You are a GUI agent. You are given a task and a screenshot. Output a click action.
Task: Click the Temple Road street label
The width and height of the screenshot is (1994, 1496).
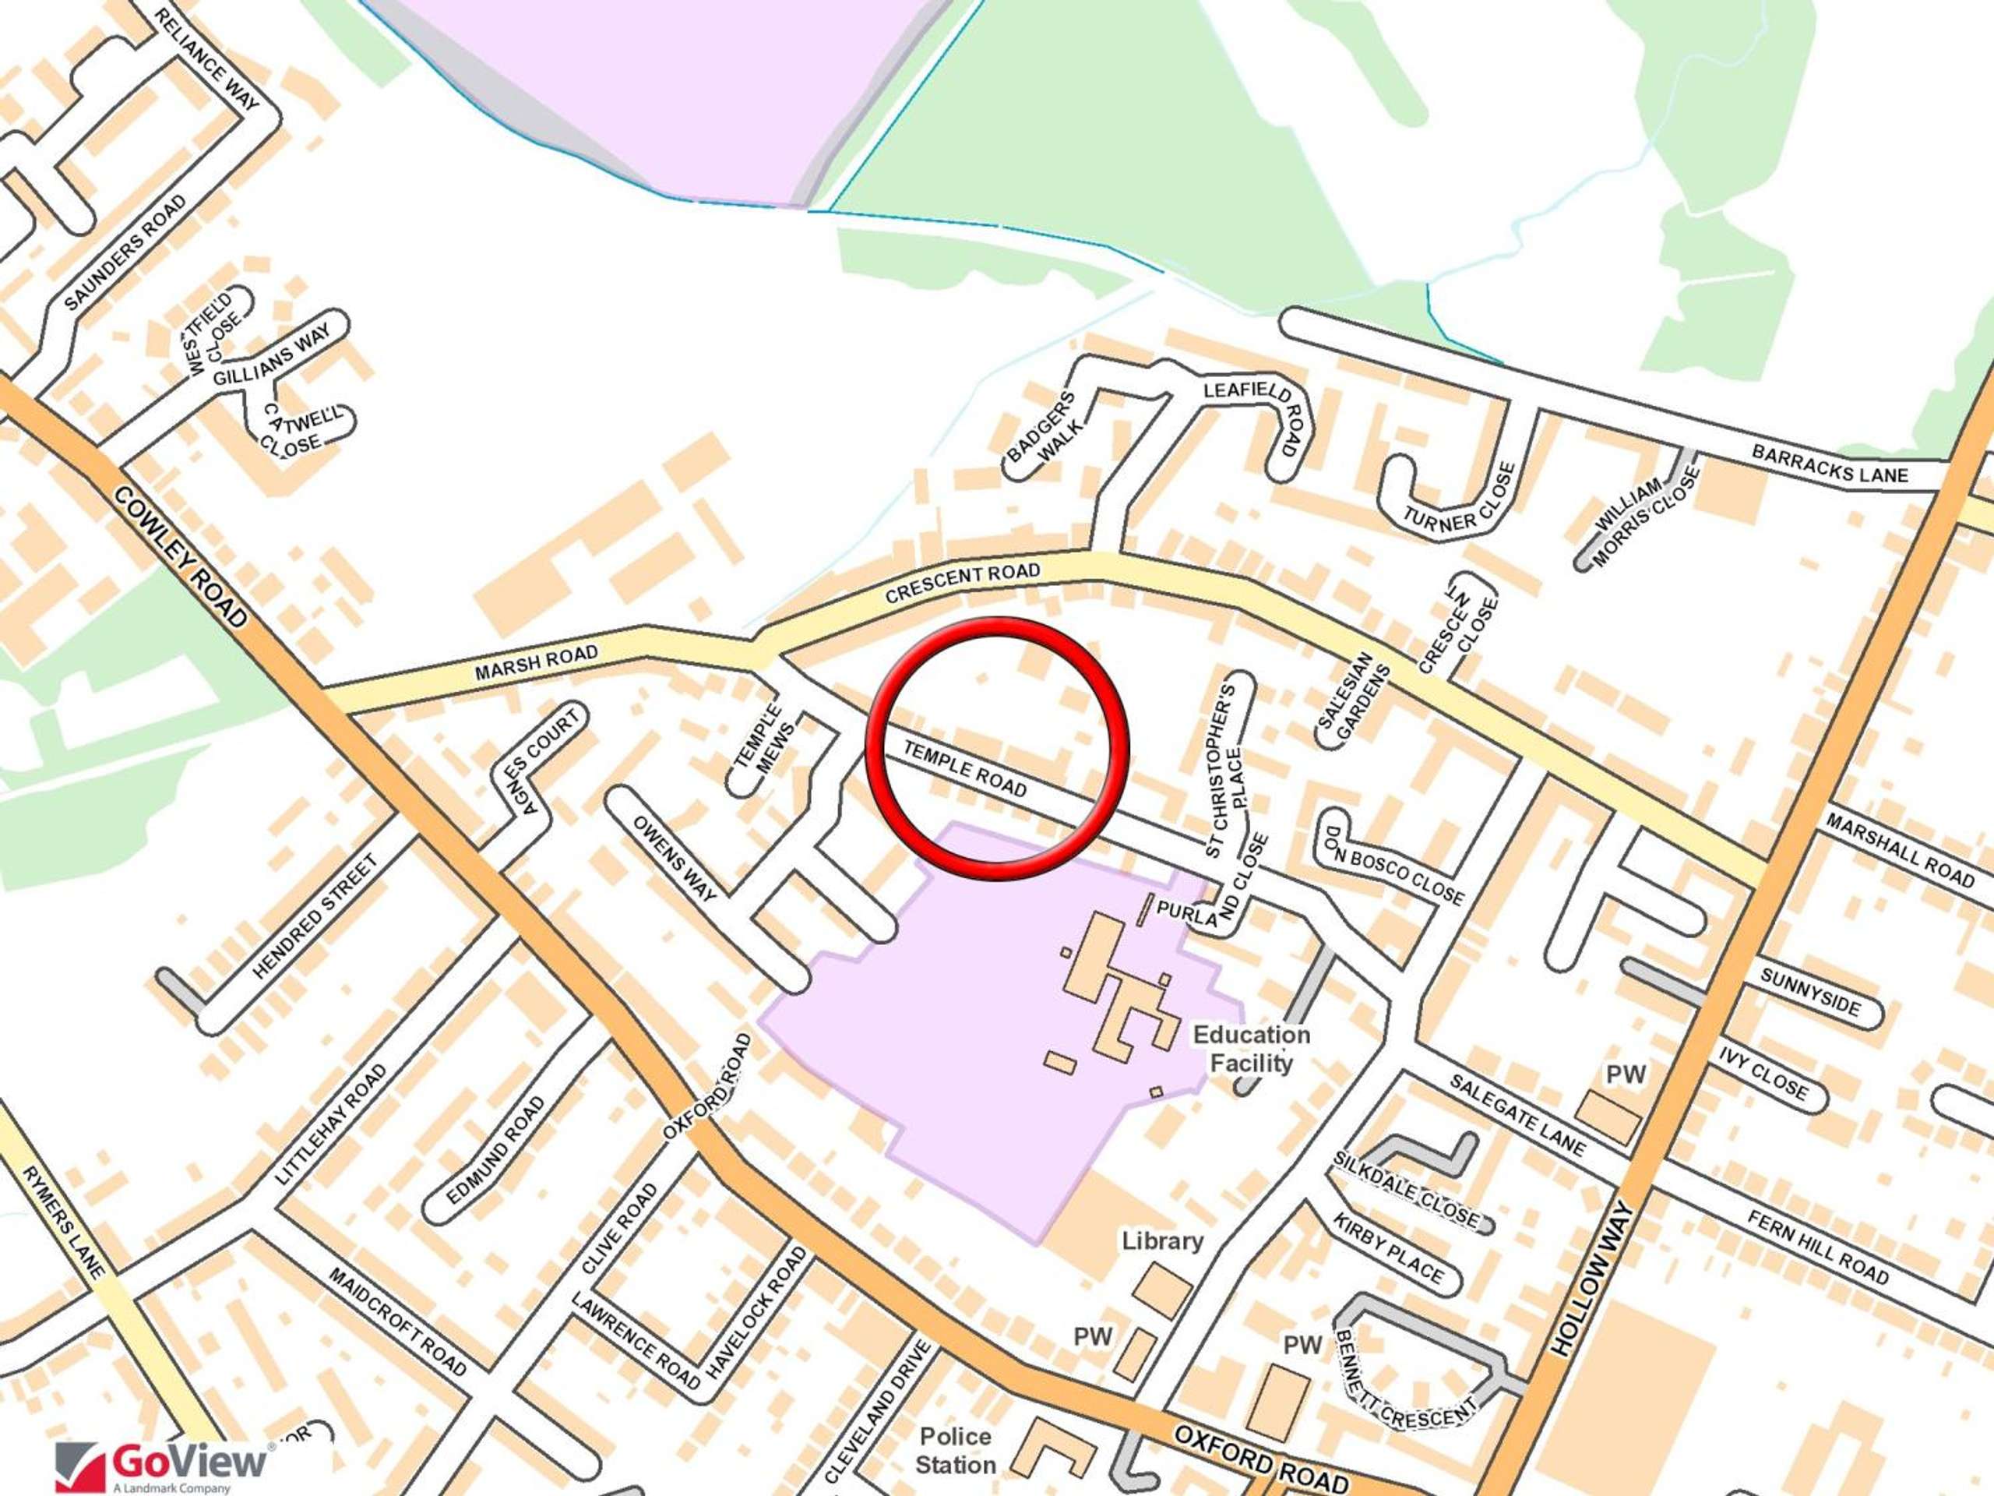coord(964,769)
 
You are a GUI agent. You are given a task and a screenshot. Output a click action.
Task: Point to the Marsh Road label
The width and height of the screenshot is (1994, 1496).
coord(537,663)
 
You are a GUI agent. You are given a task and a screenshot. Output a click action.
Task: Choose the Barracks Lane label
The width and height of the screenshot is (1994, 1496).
coord(1829,464)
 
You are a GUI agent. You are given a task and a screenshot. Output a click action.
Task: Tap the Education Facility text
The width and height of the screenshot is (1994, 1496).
coord(1251,1049)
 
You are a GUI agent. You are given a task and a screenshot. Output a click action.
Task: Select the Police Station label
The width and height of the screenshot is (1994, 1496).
coord(956,1450)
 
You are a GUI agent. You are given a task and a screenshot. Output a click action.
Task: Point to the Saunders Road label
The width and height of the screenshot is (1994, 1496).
coord(125,252)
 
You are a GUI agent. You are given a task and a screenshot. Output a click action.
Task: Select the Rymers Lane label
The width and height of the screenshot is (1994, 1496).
coord(63,1222)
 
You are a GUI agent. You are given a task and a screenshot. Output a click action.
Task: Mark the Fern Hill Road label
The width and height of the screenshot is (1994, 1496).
coord(1817,1248)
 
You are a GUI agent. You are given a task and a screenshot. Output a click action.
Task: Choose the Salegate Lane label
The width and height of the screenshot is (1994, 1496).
coord(1518,1116)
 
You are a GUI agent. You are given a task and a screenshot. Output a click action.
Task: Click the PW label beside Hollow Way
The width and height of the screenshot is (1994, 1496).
coord(1626,1074)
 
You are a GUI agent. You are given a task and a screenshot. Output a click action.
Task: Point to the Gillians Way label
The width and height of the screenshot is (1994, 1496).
coord(271,355)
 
